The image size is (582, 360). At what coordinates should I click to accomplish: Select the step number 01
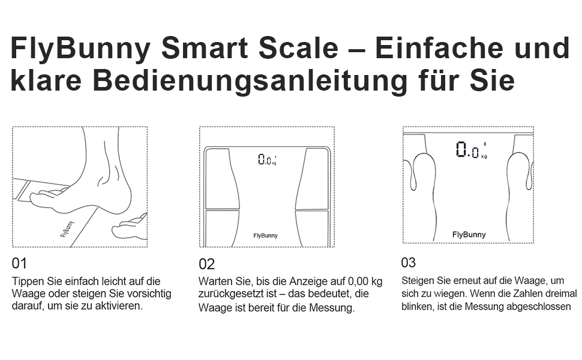point(19,263)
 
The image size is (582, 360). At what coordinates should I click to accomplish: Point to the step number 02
point(207,264)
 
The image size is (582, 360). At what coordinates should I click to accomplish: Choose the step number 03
point(408,262)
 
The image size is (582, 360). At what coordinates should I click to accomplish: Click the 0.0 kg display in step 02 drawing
point(267,160)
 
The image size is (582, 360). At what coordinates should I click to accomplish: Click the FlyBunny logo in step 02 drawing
point(265,235)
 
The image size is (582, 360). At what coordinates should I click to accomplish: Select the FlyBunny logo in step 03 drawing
point(469,234)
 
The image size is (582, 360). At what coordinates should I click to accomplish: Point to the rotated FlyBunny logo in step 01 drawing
point(67,229)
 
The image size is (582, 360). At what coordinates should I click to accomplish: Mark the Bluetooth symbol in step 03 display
point(484,144)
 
